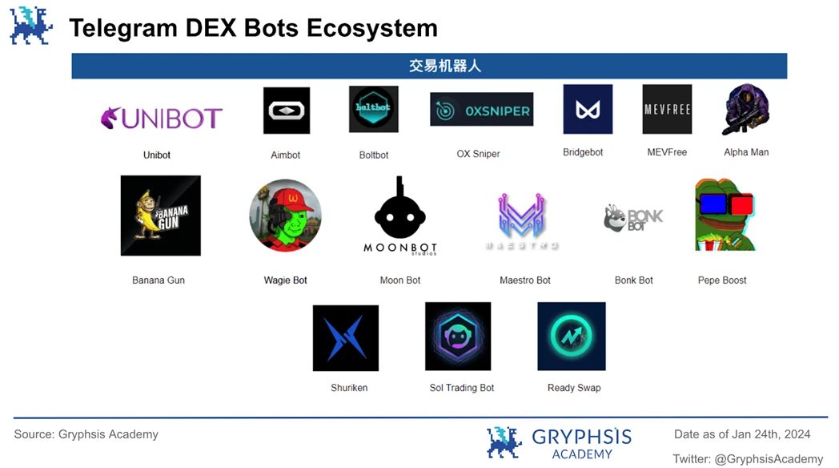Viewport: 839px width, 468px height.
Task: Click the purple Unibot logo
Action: (x=161, y=118)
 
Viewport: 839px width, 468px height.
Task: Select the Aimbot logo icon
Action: (x=287, y=111)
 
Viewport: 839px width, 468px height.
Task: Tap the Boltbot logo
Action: (x=373, y=109)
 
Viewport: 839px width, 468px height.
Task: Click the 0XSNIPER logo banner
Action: (x=481, y=110)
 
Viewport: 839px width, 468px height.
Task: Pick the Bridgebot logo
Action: (x=588, y=109)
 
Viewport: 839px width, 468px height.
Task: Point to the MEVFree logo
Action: (x=667, y=109)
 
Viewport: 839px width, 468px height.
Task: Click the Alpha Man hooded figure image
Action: (x=745, y=110)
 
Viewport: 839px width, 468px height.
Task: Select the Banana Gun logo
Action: (x=160, y=216)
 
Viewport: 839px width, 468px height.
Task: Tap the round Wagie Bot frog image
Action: (x=285, y=216)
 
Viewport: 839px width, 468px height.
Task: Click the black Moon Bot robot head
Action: (x=400, y=211)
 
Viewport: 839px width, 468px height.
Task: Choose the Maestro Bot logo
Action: (x=521, y=218)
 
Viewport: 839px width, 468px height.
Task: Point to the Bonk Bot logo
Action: (x=633, y=218)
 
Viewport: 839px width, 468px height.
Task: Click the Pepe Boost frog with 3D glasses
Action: (x=725, y=215)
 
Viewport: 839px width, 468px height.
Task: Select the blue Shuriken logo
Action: (x=346, y=337)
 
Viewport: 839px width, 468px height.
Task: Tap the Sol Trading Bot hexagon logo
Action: (x=458, y=337)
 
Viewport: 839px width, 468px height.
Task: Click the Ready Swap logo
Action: (x=572, y=337)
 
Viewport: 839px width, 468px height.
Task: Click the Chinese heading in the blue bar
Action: (x=445, y=66)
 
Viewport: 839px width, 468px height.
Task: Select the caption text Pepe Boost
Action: (x=722, y=280)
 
